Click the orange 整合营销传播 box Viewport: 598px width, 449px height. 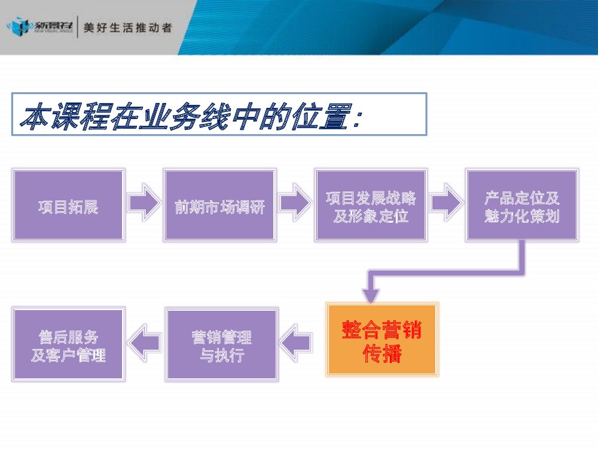(382, 340)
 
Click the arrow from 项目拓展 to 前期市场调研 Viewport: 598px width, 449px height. (144, 204)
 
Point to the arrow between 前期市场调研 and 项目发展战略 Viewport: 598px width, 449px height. (295, 204)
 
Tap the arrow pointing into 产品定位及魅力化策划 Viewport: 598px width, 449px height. (446, 204)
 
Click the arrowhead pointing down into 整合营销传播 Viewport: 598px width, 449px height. (371, 293)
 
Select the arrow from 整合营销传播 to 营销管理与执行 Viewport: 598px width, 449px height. (296, 342)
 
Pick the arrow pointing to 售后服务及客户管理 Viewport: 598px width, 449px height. (145, 342)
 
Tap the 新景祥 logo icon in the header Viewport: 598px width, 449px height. (18, 27)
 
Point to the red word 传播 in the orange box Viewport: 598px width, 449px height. (382, 354)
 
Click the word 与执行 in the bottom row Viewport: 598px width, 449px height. (221, 355)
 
